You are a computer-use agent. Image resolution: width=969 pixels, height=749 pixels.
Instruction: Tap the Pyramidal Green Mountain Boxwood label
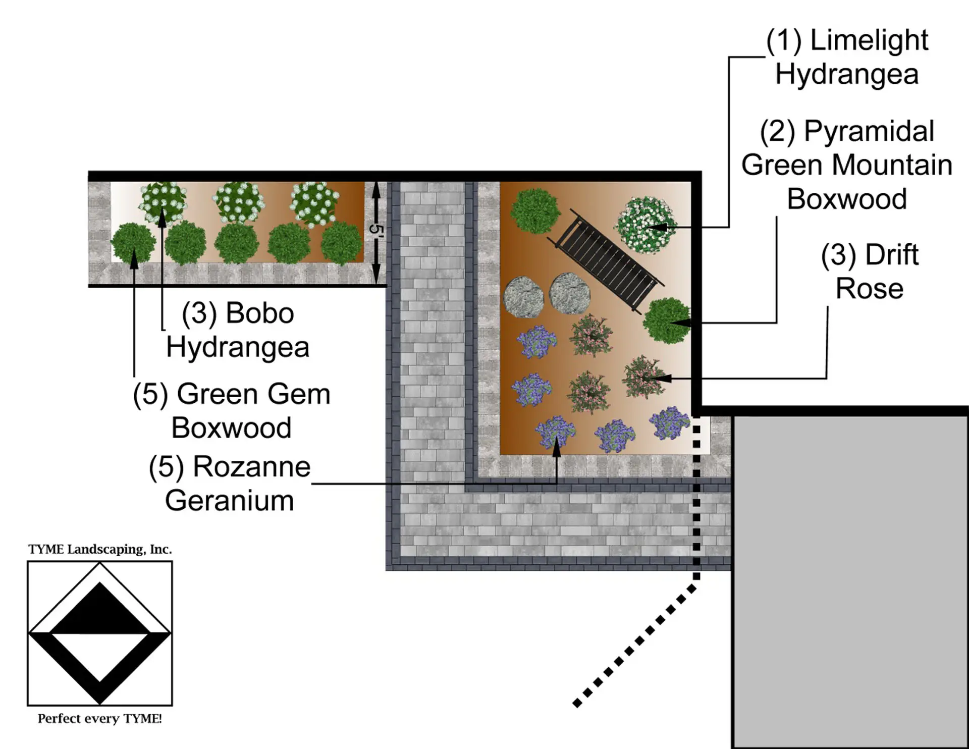coord(847,165)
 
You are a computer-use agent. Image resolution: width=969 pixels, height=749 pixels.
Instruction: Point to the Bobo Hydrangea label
coord(238,330)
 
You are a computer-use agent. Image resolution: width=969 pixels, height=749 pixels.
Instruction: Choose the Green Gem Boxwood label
coord(232,410)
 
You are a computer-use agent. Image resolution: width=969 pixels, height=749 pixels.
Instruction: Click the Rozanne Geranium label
coord(230,484)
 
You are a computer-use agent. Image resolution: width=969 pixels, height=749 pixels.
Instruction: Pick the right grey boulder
coord(570,293)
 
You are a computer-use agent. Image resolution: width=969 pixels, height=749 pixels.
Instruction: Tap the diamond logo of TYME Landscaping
coord(100,633)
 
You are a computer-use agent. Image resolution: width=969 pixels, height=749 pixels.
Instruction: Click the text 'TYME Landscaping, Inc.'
coord(100,549)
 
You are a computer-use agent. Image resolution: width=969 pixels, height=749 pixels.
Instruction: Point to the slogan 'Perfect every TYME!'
coord(100,718)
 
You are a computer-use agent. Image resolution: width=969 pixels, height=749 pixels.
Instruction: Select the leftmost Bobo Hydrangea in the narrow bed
coord(163,203)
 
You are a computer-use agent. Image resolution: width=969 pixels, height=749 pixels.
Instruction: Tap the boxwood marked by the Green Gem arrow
coord(133,243)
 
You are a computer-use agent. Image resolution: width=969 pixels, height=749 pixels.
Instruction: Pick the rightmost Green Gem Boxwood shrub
coord(342,242)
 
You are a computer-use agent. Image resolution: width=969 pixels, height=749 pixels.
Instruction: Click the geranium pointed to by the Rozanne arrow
coord(555,432)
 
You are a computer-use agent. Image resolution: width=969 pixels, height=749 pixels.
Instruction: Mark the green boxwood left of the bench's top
coord(535,211)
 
